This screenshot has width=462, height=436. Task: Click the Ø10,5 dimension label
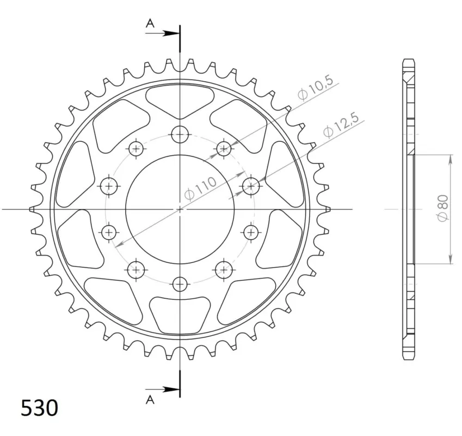coord(315,88)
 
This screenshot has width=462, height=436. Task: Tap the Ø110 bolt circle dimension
coord(200,189)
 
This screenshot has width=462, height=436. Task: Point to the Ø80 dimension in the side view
coord(443,208)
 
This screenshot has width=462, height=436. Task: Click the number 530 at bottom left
coord(40,408)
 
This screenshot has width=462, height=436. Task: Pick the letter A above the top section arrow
coord(150,23)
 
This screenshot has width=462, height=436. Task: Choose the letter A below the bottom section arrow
coord(150,399)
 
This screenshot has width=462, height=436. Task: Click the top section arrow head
coord(171,33)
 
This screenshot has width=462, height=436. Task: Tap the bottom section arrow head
coord(171,389)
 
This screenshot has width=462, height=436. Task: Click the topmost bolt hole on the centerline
coord(180,135)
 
